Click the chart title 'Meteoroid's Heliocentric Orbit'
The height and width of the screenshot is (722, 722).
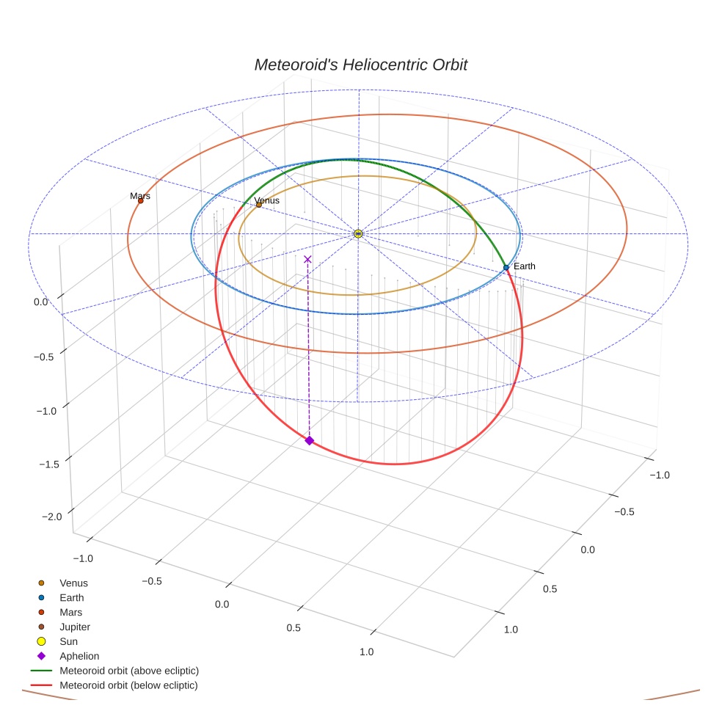point(360,65)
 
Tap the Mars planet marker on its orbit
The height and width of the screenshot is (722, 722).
point(141,200)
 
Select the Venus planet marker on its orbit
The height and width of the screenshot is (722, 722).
point(259,205)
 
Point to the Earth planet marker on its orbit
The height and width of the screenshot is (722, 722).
point(506,268)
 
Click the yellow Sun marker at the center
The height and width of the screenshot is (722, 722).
point(358,233)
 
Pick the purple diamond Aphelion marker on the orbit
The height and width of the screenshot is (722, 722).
point(309,440)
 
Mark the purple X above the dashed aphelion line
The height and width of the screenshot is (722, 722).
point(307,259)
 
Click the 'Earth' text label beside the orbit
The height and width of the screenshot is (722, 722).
point(524,266)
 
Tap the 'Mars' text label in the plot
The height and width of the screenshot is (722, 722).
point(140,196)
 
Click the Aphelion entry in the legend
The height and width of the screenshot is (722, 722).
point(79,656)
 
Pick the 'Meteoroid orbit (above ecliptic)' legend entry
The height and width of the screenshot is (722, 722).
point(129,671)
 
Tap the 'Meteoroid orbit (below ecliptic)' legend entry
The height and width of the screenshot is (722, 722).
point(128,685)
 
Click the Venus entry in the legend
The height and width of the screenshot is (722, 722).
point(73,583)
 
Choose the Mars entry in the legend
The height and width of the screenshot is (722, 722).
point(71,612)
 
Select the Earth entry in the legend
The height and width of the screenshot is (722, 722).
point(72,597)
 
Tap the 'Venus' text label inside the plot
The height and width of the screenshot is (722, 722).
point(266,200)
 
